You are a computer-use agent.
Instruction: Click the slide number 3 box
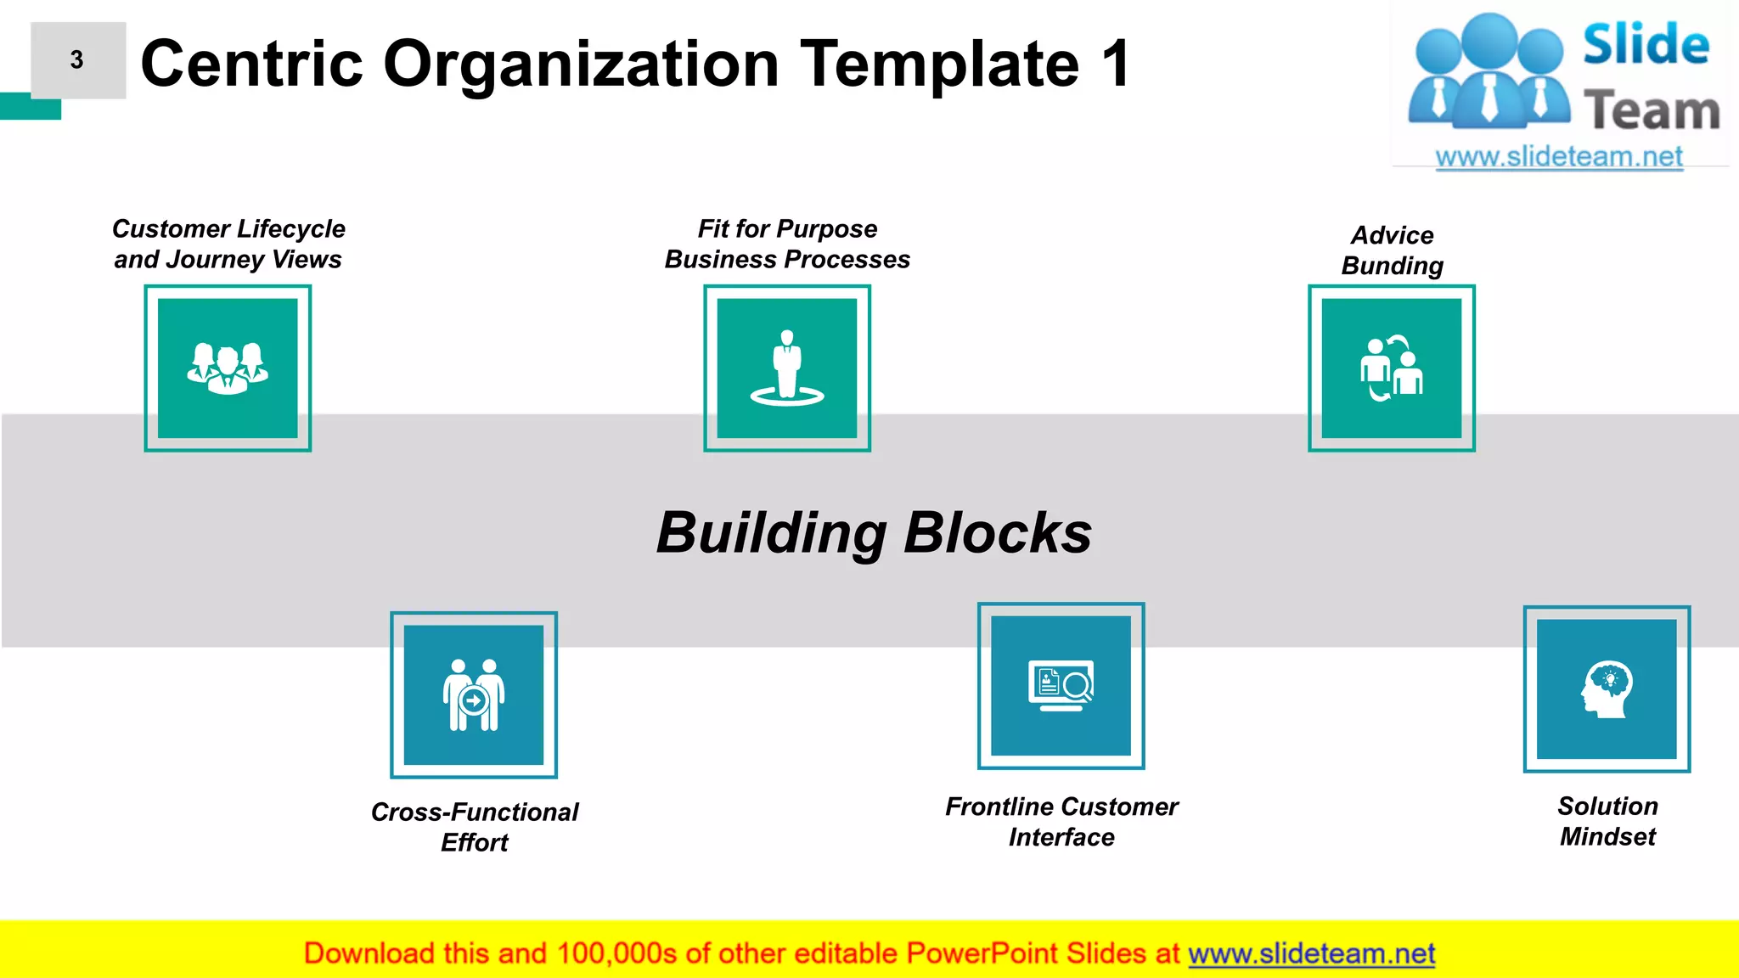(77, 60)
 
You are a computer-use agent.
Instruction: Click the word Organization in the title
(581, 65)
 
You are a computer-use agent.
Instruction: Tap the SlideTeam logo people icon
(1489, 72)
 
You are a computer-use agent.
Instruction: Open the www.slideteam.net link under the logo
(1558, 157)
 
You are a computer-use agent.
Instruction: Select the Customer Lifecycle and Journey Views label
(228, 244)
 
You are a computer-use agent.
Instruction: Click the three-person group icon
(228, 368)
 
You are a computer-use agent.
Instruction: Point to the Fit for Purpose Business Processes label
(787, 244)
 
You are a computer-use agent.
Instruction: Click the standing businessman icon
(787, 368)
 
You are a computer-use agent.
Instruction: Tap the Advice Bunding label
(1392, 250)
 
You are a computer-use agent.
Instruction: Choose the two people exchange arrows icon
(1392, 368)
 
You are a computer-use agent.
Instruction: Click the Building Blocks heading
(874, 533)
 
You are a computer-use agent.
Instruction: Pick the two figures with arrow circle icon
(474, 695)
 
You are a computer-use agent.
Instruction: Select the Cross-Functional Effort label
(475, 827)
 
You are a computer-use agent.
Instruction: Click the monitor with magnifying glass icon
(1061, 686)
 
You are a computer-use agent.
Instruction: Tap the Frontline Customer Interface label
(1061, 821)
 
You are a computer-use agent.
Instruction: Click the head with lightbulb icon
(1607, 689)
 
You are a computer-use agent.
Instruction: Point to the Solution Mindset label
(1607, 821)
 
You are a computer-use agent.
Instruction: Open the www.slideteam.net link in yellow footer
(1311, 953)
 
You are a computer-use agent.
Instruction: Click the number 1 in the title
(1115, 65)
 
